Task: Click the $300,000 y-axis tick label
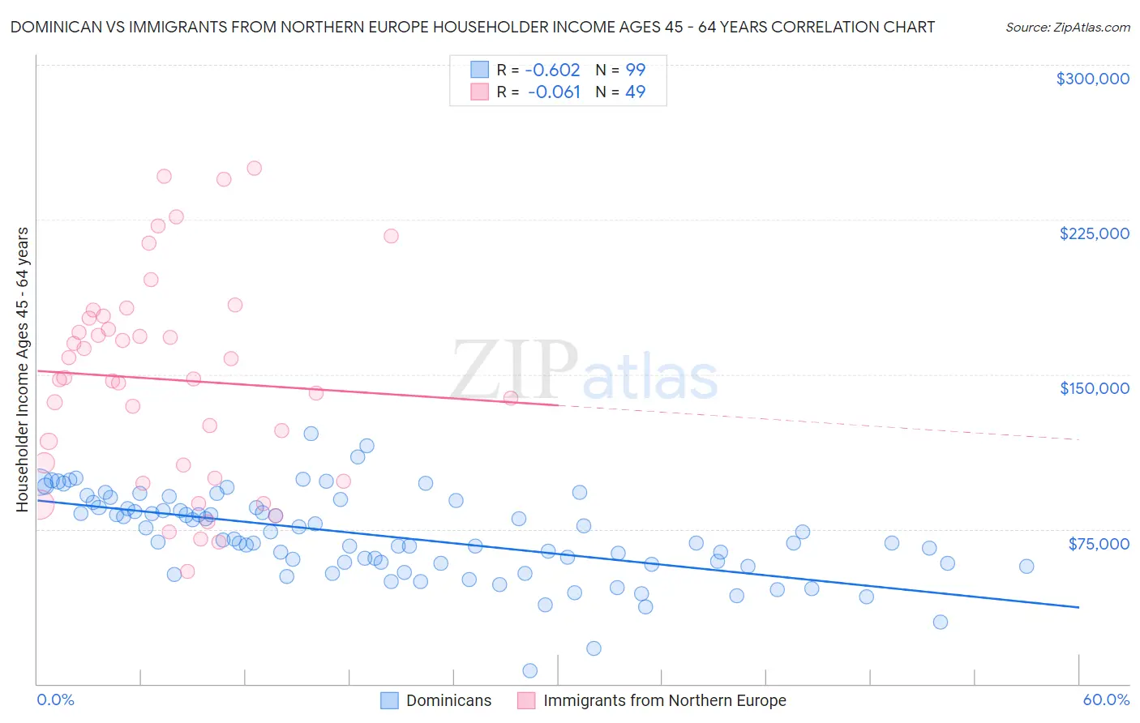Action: pyautogui.click(x=1092, y=79)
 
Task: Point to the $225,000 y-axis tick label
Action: pyautogui.click(x=1094, y=233)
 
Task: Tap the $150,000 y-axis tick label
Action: pyautogui.click(x=1094, y=388)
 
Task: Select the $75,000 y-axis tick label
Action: pyautogui.click(x=1098, y=544)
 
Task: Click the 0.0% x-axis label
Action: pyautogui.click(x=55, y=700)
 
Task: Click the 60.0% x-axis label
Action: pyautogui.click(x=1105, y=700)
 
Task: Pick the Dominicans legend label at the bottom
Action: pyautogui.click(x=448, y=701)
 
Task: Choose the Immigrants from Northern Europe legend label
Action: pyautogui.click(x=664, y=701)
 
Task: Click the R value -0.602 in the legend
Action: pyautogui.click(x=554, y=71)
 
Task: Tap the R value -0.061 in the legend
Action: pyautogui.click(x=554, y=92)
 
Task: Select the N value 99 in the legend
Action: pyautogui.click(x=635, y=71)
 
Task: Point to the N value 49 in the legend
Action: pyautogui.click(x=635, y=92)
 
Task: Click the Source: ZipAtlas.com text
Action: pyautogui.click(x=1067, y=28)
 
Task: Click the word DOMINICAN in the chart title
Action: pyautogui.click(x=54, y=28)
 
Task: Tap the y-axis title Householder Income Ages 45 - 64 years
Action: pyautogui.click(x=23, y=370)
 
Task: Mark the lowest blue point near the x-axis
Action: pyautogui.click(x=530, y=670)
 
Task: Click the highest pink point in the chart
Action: pyautogui.click(x=254, y=169)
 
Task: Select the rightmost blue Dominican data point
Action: pyautogui.click(x=1026, y=567)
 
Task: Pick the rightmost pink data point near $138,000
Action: pyautogui.click(x=511, y=398)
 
